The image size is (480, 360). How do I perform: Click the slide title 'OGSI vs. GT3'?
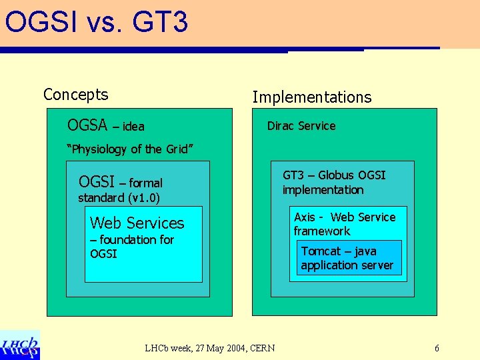coord(97,22)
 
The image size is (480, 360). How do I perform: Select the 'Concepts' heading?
coord(75,95)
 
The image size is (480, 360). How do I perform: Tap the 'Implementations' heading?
coord(311,97)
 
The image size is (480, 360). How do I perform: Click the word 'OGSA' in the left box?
coord(88,125)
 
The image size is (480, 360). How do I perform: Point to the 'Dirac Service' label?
coord(301,126)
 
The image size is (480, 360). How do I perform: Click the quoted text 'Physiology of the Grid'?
coord(131,149)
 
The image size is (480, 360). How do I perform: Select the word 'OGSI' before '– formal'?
coord(97,182)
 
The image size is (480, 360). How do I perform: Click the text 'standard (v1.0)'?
coord(119,198)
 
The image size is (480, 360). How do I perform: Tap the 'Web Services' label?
coord(137,223)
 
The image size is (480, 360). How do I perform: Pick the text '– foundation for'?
coord(132,240)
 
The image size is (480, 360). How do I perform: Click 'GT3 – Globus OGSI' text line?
coord(334,175)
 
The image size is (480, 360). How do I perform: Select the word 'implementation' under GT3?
coord(323,190)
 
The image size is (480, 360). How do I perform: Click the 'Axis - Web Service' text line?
coord(345,217)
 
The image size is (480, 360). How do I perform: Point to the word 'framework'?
coord(321,231)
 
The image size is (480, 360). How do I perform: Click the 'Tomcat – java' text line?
coord(339,251)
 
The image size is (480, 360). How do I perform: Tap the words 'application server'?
coord(347,265)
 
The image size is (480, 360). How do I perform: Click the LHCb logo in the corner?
coord(20,345)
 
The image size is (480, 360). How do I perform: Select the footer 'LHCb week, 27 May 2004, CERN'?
coord(209,348)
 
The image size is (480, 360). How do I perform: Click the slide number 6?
coord(437,348)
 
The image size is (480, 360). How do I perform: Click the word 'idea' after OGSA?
coord(133,127)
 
